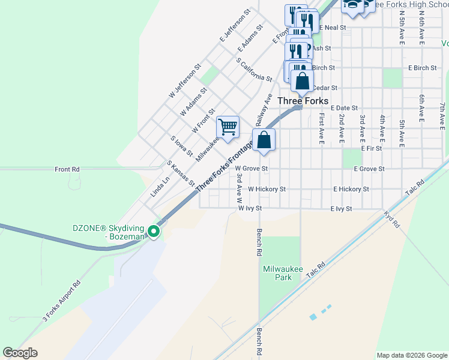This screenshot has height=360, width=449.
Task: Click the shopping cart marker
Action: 228,127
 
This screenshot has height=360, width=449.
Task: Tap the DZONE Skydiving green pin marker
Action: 154,230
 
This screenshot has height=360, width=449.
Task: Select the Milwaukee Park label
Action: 282,273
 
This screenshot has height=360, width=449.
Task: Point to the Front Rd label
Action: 67,170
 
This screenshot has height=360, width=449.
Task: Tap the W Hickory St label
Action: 267,189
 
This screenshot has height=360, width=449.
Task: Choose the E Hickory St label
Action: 351,189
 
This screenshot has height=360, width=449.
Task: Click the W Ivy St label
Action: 251,209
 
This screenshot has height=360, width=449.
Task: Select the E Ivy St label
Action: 341,209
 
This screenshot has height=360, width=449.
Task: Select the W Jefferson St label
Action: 184,84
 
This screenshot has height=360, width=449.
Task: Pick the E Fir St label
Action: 372,148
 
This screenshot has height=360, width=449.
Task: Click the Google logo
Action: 20,353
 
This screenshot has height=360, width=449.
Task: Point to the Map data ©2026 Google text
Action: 411,355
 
